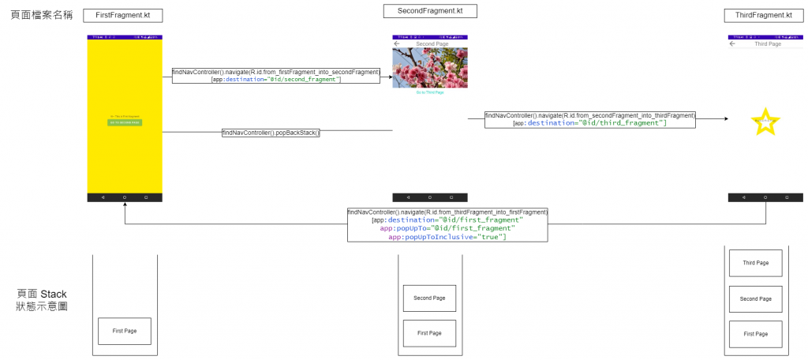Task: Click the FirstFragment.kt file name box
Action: coord(124,15)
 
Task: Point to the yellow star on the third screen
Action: coord(765,122)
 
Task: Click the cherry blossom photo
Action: coord(430,68)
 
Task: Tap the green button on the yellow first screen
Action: coord(125,122)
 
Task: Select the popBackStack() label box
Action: coord(271,133)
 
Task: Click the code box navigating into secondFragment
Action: coord(276,76)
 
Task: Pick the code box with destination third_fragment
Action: coord(589,119)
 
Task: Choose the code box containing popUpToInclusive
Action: coord(447,225)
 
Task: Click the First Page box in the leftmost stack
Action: coord(125,331)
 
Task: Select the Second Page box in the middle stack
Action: coord(429,298)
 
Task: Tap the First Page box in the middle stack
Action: coord(429,333)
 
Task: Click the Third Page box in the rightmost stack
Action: coord(755,263)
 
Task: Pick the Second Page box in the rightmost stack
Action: coord(755,299)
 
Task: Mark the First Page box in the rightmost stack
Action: coord(755,334)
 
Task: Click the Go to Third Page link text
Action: coord(430,92)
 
